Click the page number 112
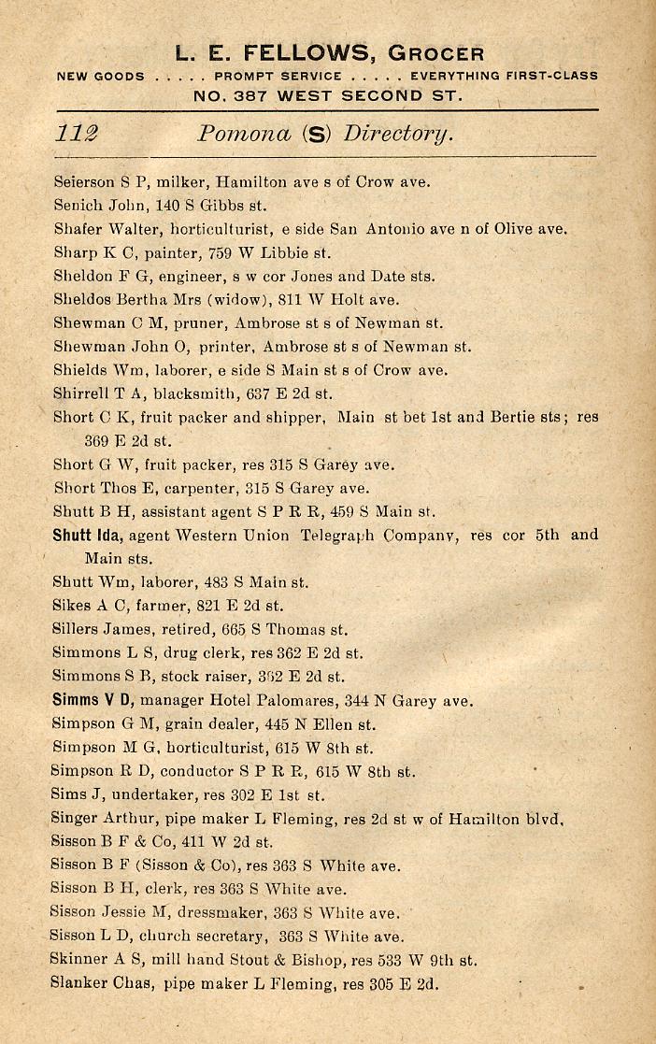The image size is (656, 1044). pos(77,133)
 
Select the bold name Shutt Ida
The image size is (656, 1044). pos(88,536)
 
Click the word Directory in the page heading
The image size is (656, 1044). pos(398,133)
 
